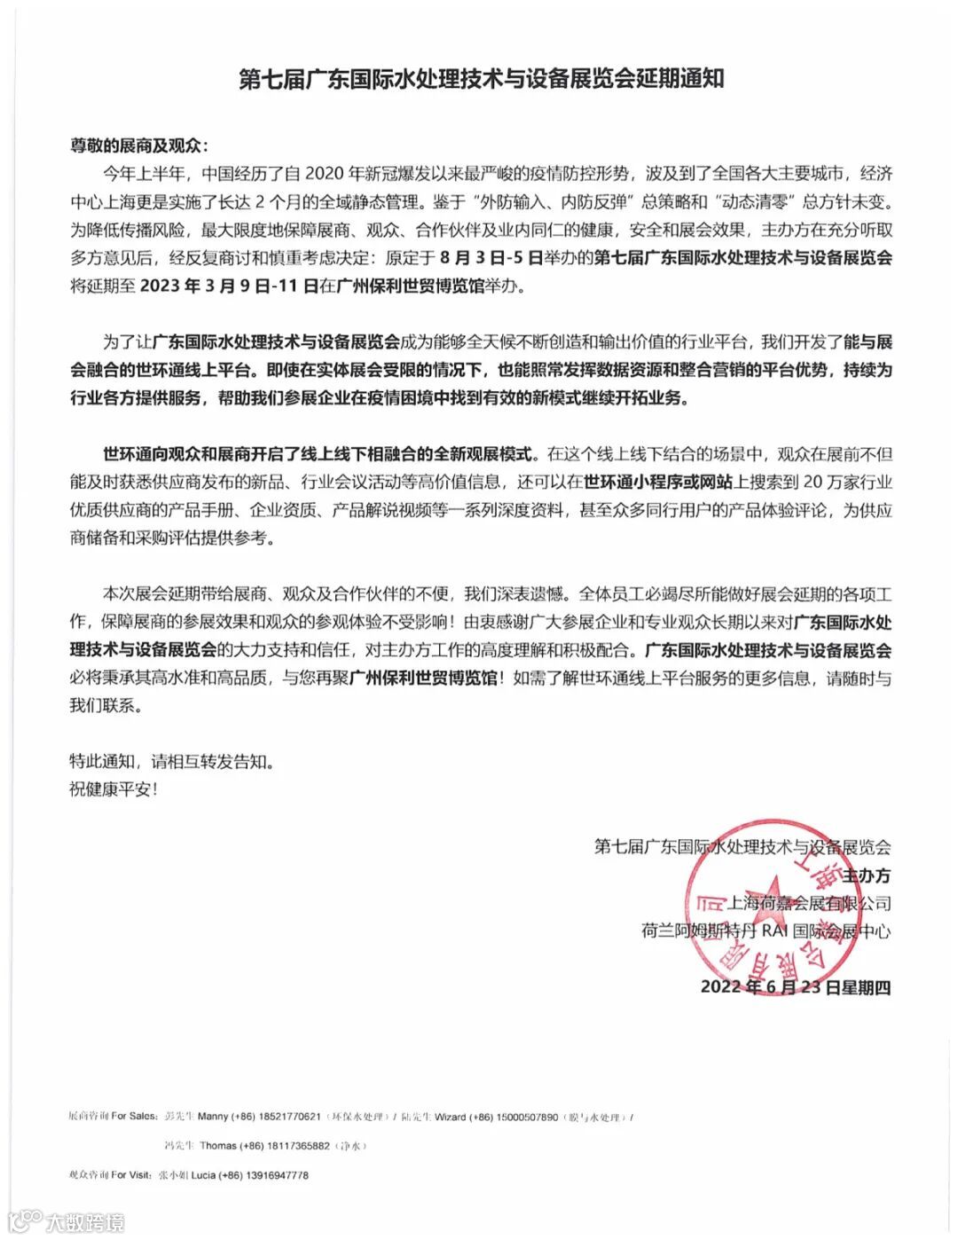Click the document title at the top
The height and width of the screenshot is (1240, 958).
[482, 79]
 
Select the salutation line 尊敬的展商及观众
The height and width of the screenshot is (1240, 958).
[142, 145]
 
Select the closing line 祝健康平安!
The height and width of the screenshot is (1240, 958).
[114, 789]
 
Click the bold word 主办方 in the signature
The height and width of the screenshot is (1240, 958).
[866, 876]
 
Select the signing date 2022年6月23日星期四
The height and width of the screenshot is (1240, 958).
[795, 987]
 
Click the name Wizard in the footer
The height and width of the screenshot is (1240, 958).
[451, 1117]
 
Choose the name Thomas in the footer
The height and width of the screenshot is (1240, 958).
[218, 1146]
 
